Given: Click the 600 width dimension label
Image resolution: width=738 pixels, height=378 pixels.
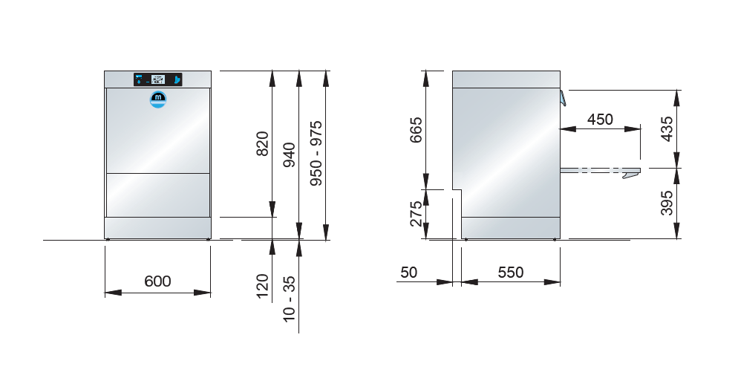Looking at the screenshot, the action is click(x=157, y=281).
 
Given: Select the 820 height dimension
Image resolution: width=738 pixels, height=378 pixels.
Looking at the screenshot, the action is click(x=262, y=143).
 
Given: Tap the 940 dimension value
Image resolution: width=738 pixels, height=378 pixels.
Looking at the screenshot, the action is click(x=289, y=155).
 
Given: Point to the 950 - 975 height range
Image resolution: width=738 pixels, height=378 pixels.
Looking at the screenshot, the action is click(x=316, y=153).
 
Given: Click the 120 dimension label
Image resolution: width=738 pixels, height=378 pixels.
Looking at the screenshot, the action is click(x=262, y=286).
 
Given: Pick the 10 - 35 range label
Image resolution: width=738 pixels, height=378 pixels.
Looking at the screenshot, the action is click(x=289, y=299).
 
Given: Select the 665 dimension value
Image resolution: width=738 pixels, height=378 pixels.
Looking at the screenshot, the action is click(x=416, y=130).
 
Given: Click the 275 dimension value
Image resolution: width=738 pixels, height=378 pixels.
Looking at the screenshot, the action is click(x=416, y=214).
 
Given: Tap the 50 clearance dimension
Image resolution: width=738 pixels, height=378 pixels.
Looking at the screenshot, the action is click(x=408, y=272).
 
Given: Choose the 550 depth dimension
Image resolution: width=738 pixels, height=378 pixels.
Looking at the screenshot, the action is click(x=511, y=272).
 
